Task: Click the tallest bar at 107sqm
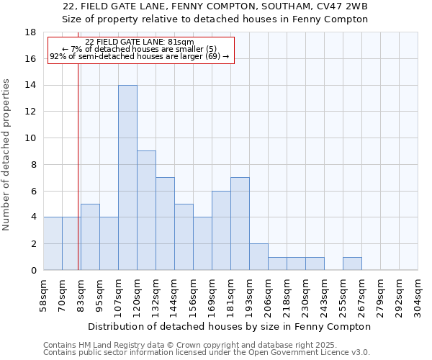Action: pos(127,177)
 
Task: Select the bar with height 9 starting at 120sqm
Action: pos(146,210)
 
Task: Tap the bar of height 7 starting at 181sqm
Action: pos(240,223)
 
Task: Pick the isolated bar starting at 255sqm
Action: pos(352,263)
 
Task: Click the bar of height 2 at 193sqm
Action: pos(258,256)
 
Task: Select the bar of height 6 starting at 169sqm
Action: pos(221,230)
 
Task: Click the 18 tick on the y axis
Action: pos(30,32)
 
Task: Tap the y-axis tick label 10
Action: pos(30,138)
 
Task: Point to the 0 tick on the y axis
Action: pos(33,270)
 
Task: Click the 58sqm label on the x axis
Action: pos(44,294)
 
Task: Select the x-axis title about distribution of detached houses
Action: pos(230,326)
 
